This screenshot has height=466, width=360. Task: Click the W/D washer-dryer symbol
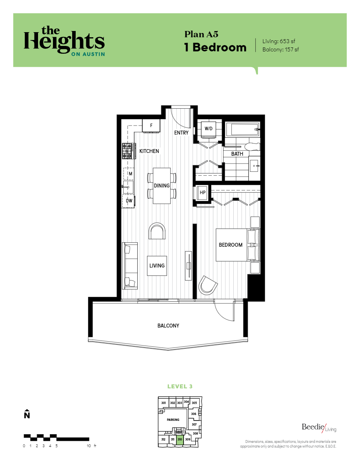[x=208, y=129]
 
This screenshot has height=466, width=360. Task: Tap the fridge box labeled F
[x=151, y=126]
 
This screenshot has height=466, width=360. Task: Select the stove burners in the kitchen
[x=127, y=151]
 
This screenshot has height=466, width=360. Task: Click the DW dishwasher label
[x=129, y=201]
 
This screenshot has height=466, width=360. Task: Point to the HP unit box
[x=203, y=193]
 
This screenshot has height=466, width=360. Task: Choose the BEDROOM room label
[x=231, y=245]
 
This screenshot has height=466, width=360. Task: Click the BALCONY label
[x=168, y=326]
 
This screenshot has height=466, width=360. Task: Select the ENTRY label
[x=182, y=133]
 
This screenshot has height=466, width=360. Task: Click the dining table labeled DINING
[x=162, y=186]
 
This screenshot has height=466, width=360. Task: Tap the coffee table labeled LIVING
[x=157, y=266]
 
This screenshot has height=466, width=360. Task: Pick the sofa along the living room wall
[x=130, y=265]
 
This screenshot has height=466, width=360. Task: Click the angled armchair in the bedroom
[x=207, y=285]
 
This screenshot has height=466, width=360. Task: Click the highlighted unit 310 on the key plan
[x=180, y=440]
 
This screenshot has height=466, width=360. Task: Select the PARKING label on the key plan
[x=173, y=420]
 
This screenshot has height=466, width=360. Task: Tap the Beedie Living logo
[x=319, y=428]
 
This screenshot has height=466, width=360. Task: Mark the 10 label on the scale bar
[x=89, y=446]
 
